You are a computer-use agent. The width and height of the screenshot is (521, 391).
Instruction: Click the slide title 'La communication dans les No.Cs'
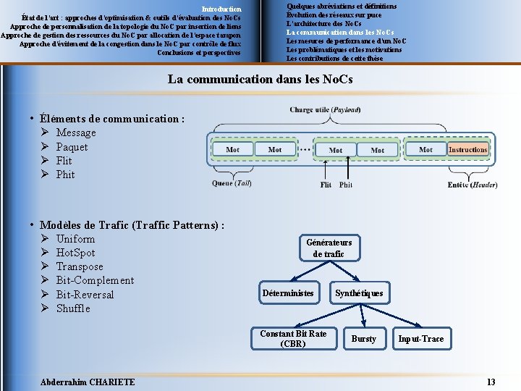coord(260,78)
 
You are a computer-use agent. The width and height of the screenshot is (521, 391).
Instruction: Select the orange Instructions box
coord(467,150)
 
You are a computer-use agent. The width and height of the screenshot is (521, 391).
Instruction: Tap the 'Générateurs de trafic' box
coord(329,248)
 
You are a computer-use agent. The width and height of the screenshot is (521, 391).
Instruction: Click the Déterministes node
coord(288,293)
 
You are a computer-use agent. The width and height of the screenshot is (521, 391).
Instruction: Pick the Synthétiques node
coord(359,293)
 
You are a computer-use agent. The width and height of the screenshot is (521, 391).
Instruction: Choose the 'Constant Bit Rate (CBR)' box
coord(293,338)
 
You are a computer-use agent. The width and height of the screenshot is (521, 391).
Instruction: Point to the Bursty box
coord(364,338)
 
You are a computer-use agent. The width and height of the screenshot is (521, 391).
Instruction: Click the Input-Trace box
coord(422,338)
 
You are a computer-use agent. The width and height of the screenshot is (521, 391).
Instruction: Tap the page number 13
coord(491,382)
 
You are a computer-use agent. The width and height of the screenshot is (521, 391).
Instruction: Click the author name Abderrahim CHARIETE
coord(88,382)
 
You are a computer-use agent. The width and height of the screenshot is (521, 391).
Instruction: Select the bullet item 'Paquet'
coord(72,147)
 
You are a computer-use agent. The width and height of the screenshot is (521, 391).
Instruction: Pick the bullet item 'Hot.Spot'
coord(75,253)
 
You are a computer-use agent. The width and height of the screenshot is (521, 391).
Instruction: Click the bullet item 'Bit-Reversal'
coord(85,295)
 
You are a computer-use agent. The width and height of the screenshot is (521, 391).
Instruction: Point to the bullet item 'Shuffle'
coord(73,308)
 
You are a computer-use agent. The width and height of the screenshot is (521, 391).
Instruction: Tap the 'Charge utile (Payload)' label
coord(325,110)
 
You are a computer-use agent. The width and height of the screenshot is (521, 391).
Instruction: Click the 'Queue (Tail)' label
coord(232,183)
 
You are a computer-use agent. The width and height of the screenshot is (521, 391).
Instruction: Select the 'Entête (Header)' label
coord(473,185)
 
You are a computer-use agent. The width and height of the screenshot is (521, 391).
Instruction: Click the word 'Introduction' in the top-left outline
coord(221,9)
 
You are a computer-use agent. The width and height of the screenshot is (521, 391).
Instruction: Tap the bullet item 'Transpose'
coord(80,266)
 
